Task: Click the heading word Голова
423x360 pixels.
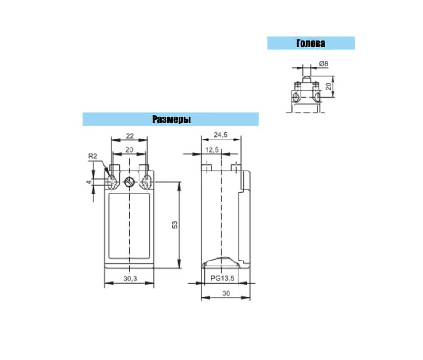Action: tap(311, 44)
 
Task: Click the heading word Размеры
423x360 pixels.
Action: tap(171, 119)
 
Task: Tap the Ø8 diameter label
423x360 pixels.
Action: tap(324, 64)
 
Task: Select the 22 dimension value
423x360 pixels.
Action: tap(130, 136)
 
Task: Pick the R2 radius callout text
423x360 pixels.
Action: tap(93, 156)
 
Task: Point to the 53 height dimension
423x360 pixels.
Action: tap(175, 225)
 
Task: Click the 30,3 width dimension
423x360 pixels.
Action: tap(130, 279)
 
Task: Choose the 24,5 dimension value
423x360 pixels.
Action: tap(220, 135)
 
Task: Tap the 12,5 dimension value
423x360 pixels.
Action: tap(212, 150)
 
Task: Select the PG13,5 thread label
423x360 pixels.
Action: tap(222, 278)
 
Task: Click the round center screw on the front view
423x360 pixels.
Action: tap(130, 182)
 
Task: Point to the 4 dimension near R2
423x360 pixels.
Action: tap(89, 182)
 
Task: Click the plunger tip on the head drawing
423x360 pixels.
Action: tap(306, 79)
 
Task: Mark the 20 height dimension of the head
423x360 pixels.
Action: tap(328, 86)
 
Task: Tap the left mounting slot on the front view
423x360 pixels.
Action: tap(112, 182)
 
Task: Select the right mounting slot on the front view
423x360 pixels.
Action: tap(147, 182)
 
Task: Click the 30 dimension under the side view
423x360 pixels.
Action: tap(226, 293)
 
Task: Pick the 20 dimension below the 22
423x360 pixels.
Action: tap(129, 150)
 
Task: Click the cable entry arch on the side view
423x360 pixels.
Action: tap(221, 260)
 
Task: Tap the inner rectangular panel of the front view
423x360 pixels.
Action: tap(129, 226)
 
